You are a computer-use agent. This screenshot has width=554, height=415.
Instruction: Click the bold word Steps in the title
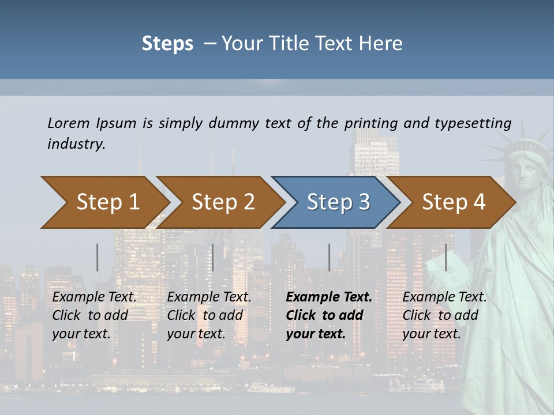(x=167, y=43)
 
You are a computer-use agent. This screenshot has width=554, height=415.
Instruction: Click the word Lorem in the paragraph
(x=68, y=123)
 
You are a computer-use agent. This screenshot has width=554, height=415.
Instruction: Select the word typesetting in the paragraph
(x=473, y=123)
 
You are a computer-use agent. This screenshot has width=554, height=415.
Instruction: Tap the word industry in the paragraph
(x=76, y=144)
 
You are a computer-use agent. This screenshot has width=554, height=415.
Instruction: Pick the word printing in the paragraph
(x=372, y=123)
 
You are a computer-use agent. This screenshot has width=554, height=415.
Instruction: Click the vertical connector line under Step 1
(x=98, y=257)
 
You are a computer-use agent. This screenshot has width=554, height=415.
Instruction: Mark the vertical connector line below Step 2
(x=213, y=257)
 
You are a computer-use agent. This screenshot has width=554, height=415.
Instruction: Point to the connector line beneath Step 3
(x=330, y=257)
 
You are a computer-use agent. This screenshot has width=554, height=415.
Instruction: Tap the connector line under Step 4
(x=446, y=257)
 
